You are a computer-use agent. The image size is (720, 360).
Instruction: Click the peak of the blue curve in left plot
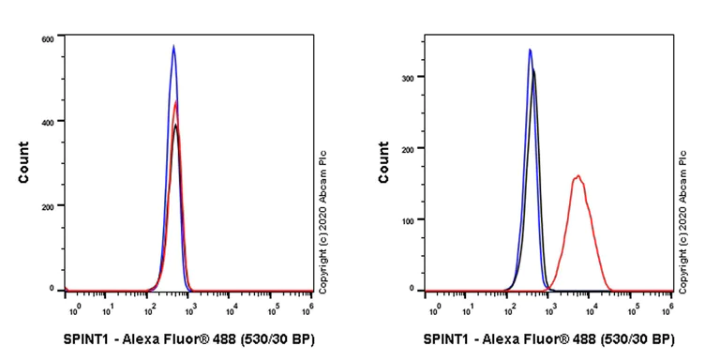(x=173, y=46)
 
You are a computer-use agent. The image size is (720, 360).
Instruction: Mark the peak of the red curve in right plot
(x=578, y=175)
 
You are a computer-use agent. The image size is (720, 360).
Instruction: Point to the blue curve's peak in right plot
(x=530, y=50)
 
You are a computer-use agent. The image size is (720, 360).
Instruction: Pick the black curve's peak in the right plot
(x=534, y=70)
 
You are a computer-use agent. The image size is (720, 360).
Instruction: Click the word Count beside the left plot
(x=23, y=162)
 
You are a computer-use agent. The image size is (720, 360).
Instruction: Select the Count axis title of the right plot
(x=384, y=162)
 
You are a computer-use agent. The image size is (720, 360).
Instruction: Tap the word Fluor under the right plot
(x=548, y=338)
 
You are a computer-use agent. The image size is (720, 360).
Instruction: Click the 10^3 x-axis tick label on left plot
(x=189, y=307)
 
